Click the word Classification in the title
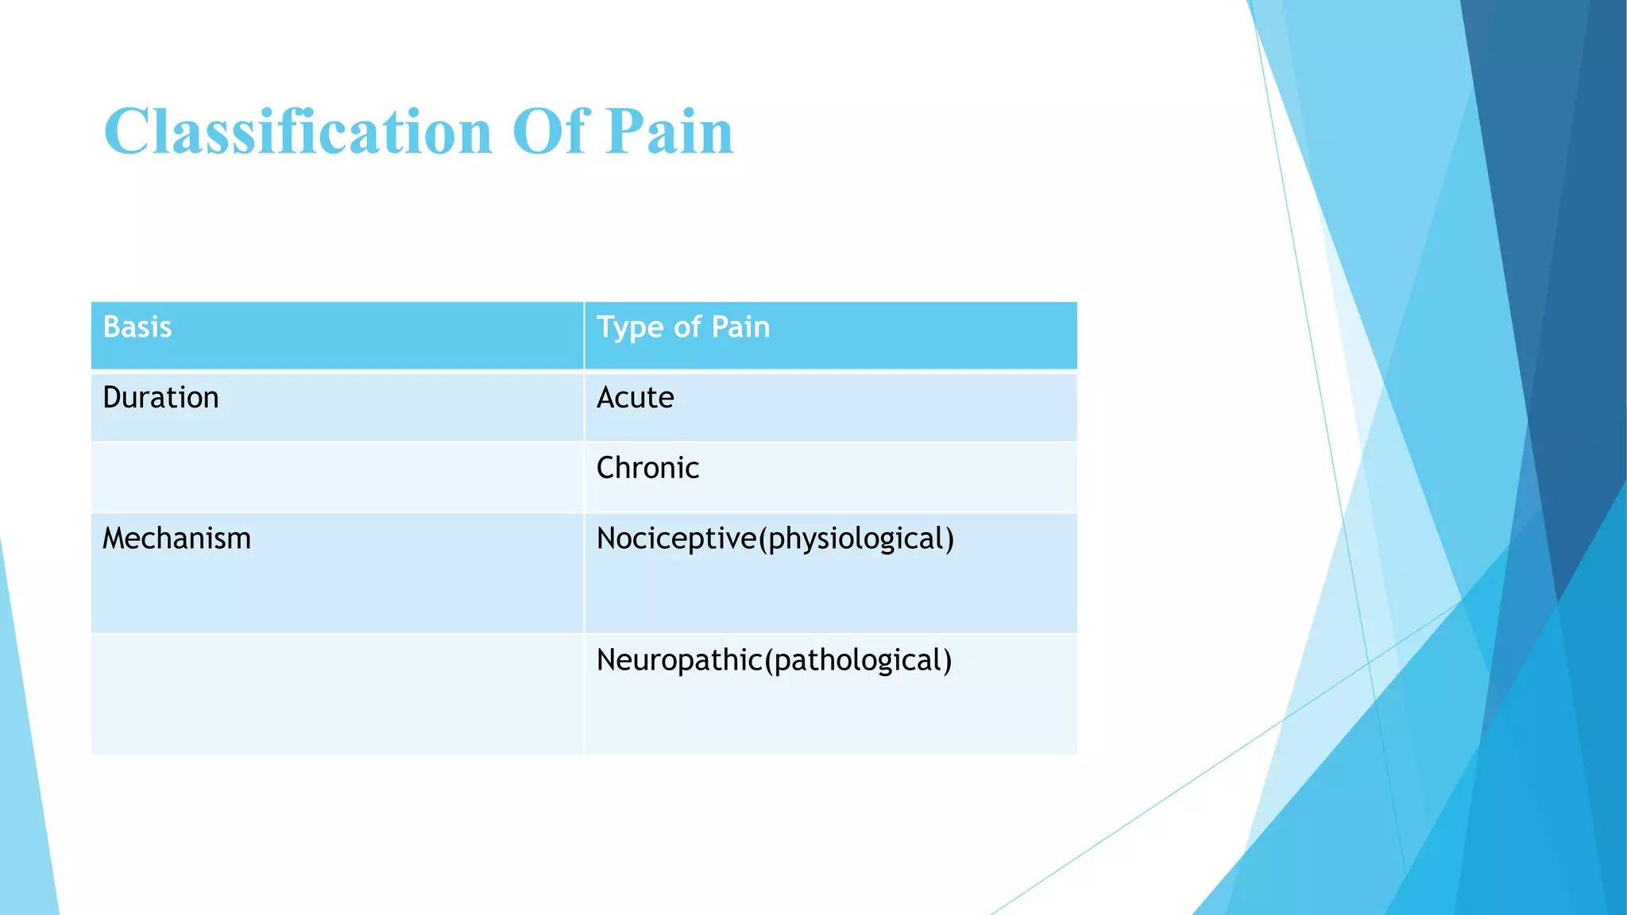pyautogui.click(x=298, y=132)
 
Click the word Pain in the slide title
pyautogui.click(x=669, y=132)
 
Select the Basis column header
pyautogui.click(x=137, y=327)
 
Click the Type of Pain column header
pyautogui.click(x=683, y=327)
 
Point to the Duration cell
pyautogui.click(x=160, y=398)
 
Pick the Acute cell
pyautogui.click(x=635, y=398)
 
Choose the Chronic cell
pyautogui.click(x=647, y=469)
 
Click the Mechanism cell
pyautogui.click(x=176, y=539)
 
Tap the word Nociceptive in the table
pyautogui.click(x=676, y=539)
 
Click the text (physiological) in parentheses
pyautogui.click(x=856, y=539)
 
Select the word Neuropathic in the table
pyautogui.click(x=679, y=661)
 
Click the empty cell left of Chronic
pyautogui.click(x=337, y=477)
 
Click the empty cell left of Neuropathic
pyautogui.click(x=337, y=693)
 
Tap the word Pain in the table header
pyautogui.click(x=740, y=327)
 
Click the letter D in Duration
pyautogui.click(x=112, y=398)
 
